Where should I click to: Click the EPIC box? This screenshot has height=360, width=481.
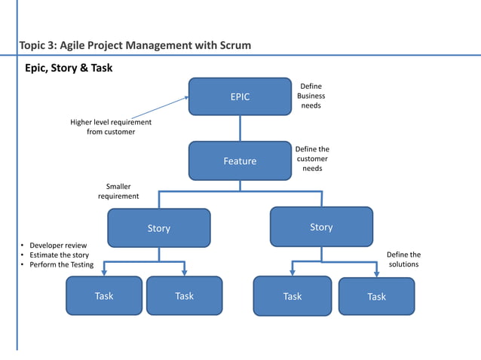click(x=240, y=96)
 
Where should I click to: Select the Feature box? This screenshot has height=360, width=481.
click(x=240, y=160)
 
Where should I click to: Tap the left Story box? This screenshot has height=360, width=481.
click(x=159, y=227)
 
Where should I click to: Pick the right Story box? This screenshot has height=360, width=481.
click(x=321, y=226)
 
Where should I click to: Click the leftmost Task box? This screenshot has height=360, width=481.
click(x=104, y=295)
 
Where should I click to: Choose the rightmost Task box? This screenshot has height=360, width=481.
click(x=376, y=296)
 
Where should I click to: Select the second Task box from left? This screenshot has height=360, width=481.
click(x=184, y=295)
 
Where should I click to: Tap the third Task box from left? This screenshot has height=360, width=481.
click(x=292, y=296)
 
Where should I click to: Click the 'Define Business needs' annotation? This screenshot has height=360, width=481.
click(x=311, y=96)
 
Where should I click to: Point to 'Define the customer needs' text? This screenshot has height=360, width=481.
click(x=312, y=159)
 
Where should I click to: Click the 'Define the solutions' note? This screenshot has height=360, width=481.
click(x=403, y=260)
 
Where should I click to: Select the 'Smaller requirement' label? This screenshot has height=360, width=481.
click(x=118, y=191)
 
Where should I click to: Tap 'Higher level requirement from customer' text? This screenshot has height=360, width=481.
click(x=111, y=127)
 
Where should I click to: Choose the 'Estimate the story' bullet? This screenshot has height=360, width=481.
click(x=54, y=255)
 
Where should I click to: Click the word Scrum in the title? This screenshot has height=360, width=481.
click(x=232, y=46)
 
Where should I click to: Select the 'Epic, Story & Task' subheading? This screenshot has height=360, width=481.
click(x=69, y=68)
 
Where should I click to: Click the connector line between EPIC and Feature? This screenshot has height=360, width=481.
click(x=240, y=128)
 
